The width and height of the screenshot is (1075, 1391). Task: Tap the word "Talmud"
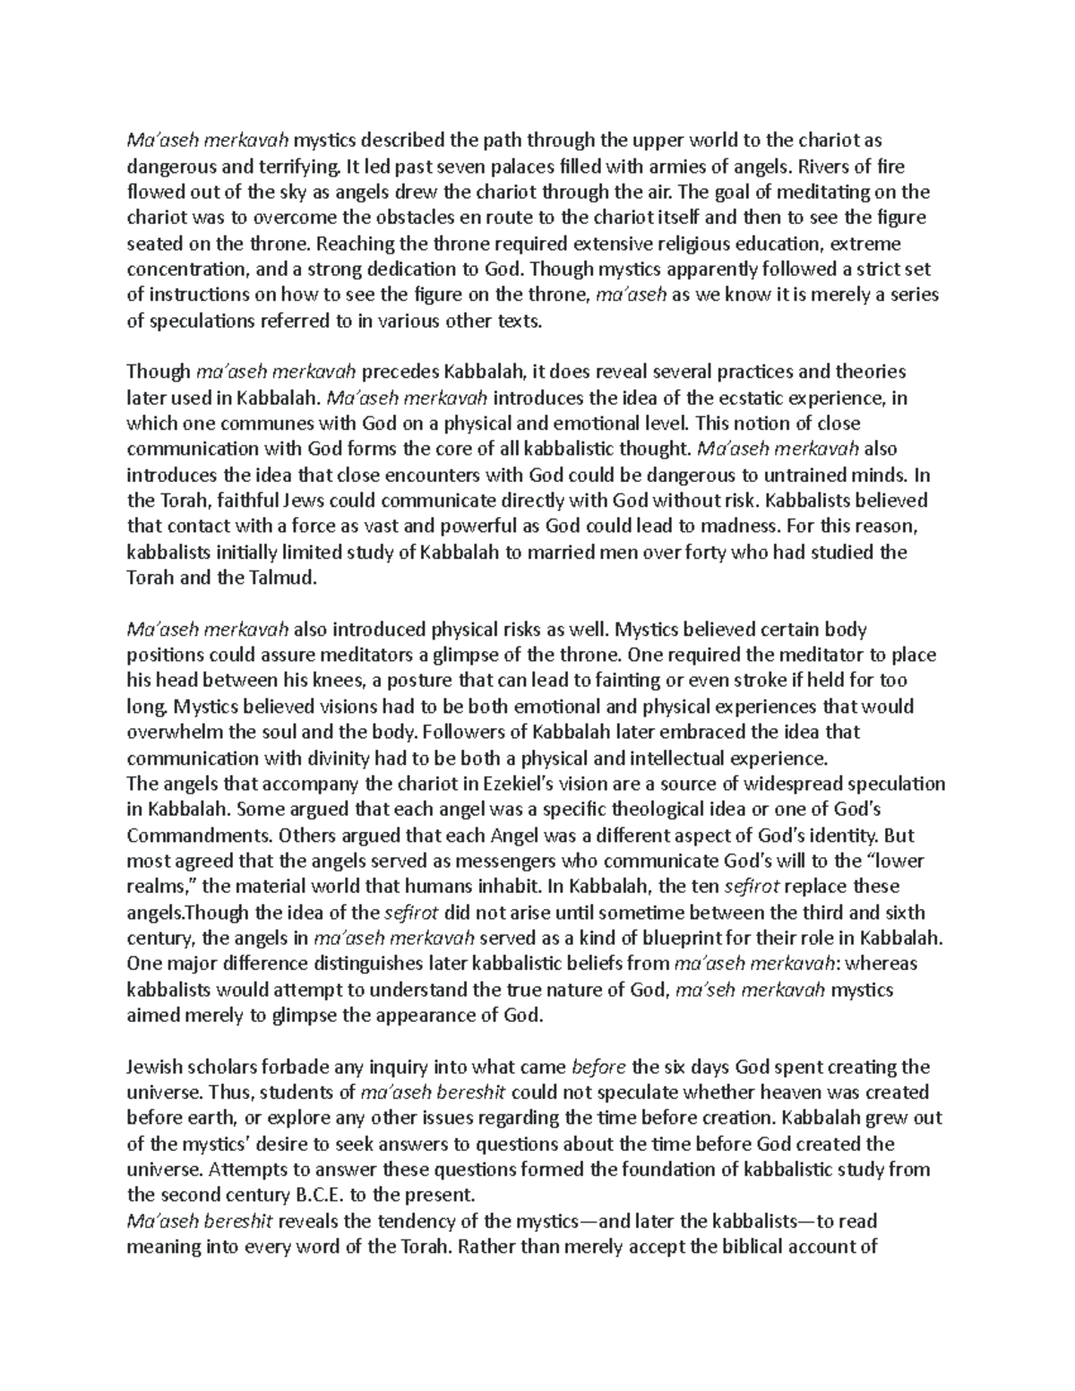(x=284, y=579)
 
